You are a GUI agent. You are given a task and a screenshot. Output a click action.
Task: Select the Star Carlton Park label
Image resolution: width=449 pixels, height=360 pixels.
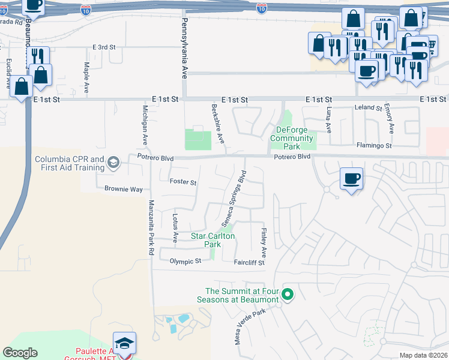[x=213, y=240]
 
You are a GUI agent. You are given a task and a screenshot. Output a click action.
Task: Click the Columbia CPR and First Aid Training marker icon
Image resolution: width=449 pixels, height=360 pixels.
[x=114, y=162]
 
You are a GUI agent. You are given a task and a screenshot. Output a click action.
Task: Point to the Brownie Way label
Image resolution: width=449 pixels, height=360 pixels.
[x=124, y=189]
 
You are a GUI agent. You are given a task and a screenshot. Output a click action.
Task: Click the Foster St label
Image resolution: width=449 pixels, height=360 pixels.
[x=183, y=182]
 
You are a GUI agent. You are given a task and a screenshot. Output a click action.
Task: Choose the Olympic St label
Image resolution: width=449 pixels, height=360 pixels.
[x=185, y=262]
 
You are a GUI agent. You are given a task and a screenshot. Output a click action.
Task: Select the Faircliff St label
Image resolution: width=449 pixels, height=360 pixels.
[x=249, y=262]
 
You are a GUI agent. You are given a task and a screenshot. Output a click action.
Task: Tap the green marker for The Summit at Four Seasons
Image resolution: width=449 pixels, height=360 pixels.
[x=288, y=294]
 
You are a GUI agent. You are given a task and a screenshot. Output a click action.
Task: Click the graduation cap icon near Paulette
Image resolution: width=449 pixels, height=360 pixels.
[x=125, y=343]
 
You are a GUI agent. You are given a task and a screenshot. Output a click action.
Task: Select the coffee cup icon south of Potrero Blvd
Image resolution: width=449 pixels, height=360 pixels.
[x=351, y=178]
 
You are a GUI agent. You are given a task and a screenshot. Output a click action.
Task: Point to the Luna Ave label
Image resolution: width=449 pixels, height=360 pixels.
[x=328, y=120]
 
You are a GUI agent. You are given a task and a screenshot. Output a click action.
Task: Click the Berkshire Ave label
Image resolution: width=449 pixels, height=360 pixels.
[x=217, y=124]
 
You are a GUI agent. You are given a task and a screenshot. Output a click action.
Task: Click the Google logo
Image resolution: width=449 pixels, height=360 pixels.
[x=20, y=353]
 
